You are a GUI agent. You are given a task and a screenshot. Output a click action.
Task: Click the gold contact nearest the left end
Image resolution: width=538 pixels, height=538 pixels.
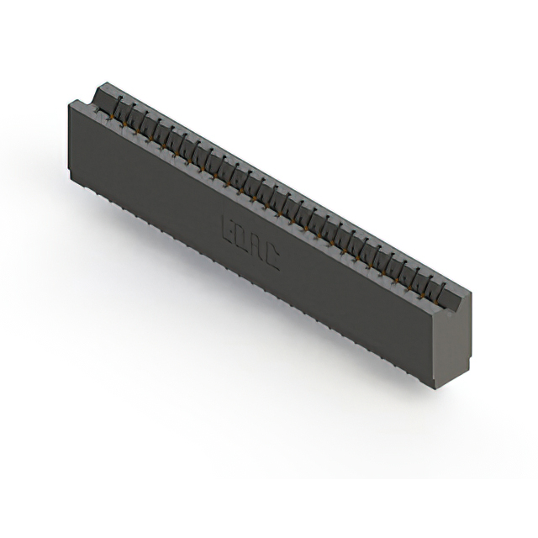[110, 119]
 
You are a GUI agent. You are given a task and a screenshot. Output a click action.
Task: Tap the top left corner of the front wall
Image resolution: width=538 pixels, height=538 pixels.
[69, 103]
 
